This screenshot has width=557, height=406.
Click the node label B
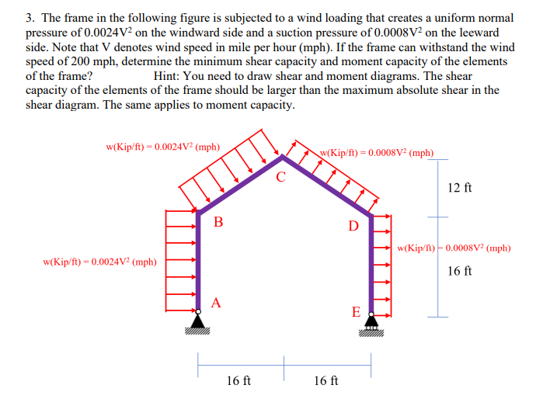coord(218,222)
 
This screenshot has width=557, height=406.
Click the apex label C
coord(281,177)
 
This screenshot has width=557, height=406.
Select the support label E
coord(356,312)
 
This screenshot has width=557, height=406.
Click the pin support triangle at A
coord(198,320)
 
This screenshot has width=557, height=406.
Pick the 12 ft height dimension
coord(460,188)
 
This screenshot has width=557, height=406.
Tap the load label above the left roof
coord(162,146)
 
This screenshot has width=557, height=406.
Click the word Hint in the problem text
coord(168,76)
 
